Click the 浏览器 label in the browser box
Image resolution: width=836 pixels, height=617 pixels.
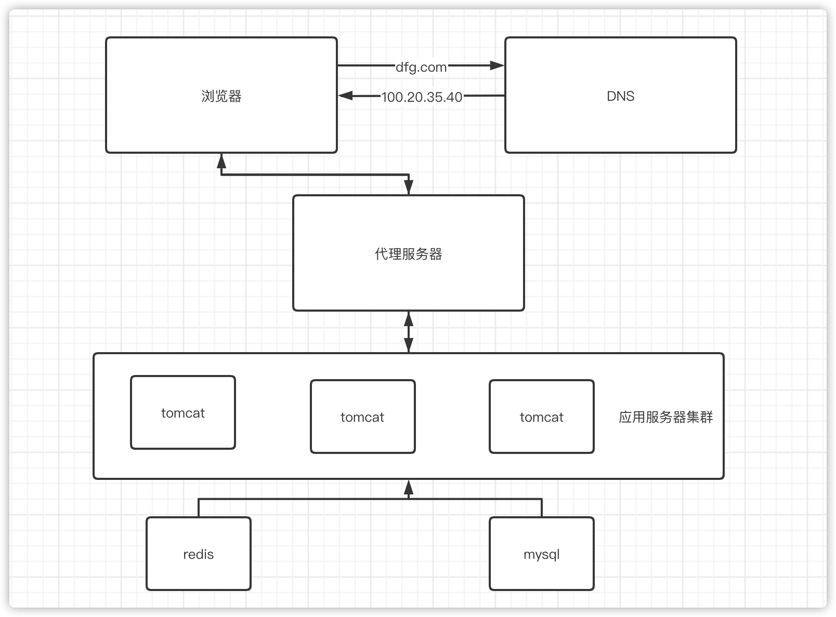221,96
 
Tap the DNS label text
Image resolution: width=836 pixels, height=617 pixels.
620,96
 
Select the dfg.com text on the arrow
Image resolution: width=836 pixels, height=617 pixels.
421,67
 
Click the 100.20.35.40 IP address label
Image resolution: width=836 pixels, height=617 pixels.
422,97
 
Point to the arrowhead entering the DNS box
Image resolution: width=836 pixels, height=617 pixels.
498,65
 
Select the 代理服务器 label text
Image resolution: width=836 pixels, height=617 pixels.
408,254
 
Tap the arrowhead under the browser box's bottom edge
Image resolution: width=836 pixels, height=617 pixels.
221,159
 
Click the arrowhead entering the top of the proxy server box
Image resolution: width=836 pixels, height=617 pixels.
409,188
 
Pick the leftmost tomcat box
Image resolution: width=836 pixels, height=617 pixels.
183,412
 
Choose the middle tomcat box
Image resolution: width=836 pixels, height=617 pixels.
362,417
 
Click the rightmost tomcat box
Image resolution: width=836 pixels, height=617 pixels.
541,417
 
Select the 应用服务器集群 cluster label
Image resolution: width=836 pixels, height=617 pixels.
665,417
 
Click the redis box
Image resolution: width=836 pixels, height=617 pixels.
199,554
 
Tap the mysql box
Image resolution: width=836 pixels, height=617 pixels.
541,554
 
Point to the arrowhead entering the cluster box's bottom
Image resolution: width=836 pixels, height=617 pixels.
409,487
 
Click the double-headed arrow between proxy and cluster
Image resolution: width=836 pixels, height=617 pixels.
409,332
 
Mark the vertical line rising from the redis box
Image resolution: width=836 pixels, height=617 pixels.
199,508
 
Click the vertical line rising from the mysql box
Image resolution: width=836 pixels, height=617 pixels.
542,508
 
